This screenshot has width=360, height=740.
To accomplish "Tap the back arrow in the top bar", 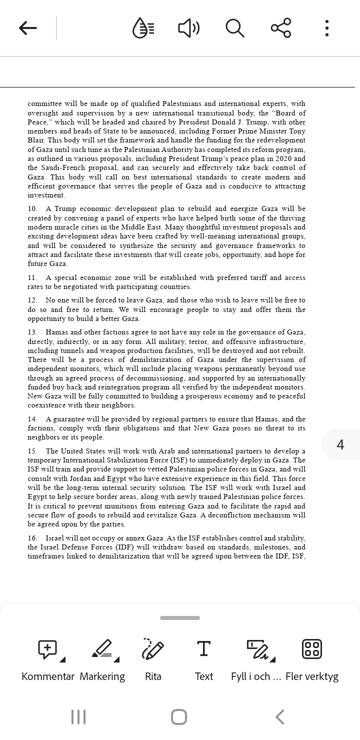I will coord(28,28).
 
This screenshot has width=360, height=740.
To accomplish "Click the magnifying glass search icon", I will coord(234,28).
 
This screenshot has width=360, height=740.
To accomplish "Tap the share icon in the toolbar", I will coord(281,28).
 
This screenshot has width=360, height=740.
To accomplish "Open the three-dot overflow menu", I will coord(326,28).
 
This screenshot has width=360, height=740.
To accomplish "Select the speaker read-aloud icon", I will coord(188,28).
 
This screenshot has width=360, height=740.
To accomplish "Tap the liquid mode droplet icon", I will coord(143,28).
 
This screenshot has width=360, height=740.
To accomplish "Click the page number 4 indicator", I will coord(340,444).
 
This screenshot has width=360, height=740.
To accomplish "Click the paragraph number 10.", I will coord(32,209).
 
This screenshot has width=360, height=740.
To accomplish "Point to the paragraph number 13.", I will coord(32,332).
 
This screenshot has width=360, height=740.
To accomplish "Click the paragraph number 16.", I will coord(32,538).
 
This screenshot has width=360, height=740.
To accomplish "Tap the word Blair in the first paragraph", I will coord(36,140).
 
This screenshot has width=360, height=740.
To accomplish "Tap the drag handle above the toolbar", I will coord(180,618).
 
